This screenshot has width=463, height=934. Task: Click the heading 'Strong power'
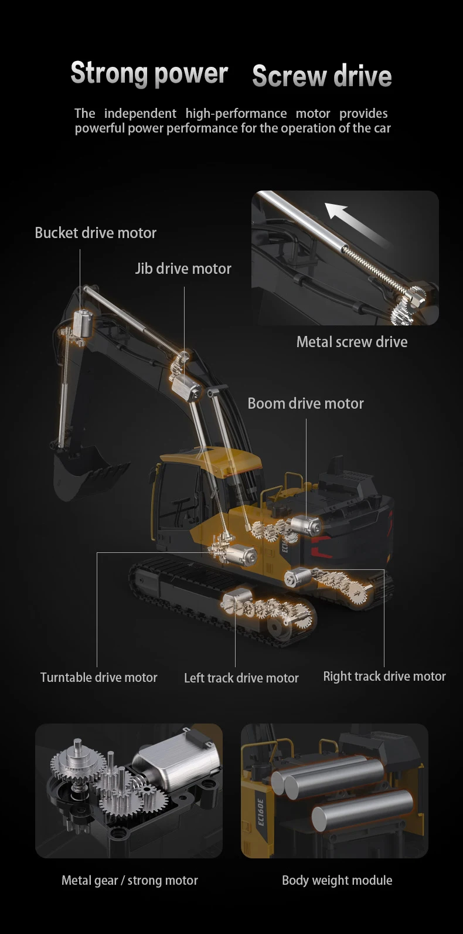(x=149, y=73)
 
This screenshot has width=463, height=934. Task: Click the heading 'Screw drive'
(x=322, y=76)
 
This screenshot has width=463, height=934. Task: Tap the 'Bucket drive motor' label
(x=96, y=233)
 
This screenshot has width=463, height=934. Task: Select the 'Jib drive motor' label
(x=183, y=269)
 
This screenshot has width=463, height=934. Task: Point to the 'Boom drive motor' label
(x=305, y=403)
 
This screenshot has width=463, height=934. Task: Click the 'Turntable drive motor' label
(x=98, y=677)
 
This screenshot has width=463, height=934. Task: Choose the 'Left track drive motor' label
(x=241, y=678)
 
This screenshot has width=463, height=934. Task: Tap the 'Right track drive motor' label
(x=384, y=676)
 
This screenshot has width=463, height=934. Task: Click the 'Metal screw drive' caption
(x=352, y=342)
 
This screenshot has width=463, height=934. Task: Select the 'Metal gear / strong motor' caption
(x=130, y=880)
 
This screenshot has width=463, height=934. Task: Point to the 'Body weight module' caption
(x=337, y=880)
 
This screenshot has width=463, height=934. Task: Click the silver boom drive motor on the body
(x=307, y=524)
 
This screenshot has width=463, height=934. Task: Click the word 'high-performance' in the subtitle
(x=236, y=113)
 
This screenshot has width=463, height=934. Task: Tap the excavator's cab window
(x=176, y=498)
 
